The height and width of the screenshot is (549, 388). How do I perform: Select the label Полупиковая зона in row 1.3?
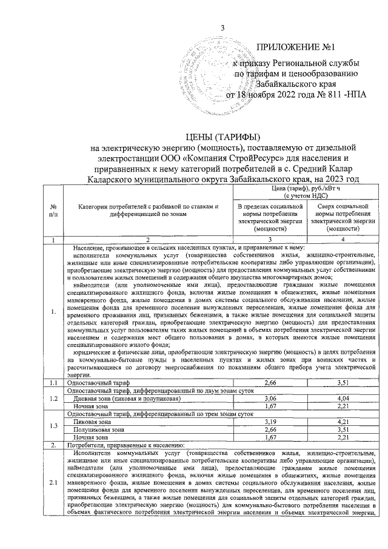tap(98, 429)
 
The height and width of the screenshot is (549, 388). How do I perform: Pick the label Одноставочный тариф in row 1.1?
tap(97, 383)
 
